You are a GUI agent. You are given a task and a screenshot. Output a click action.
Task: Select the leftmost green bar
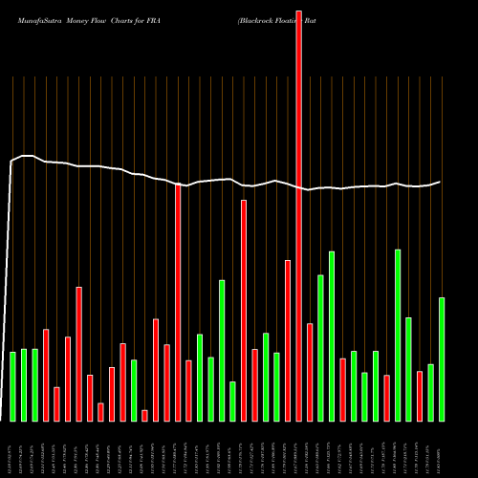[x=12, y=386]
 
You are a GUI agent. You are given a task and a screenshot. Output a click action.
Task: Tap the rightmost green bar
[x=442, y=358]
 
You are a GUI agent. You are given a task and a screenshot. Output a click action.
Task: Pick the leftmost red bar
[x=46, y=375]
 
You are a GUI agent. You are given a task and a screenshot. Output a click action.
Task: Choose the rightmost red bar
[x=420, y=396]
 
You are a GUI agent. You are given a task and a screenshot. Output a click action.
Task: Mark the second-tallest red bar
[x=178, y=302]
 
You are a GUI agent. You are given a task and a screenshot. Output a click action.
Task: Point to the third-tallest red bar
[x=244, y=310]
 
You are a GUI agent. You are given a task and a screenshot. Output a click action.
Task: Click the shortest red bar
[x=144, y=415]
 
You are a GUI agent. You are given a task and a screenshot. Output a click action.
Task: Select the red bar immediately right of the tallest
[x=310, y=372]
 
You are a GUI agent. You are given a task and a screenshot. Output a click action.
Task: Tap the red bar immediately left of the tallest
[x=288, y=340]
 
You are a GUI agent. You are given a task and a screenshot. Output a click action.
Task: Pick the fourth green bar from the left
[x=134, y=390]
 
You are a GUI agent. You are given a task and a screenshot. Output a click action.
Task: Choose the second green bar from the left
[x=24, y=384]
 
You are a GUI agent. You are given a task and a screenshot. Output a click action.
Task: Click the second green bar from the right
[x=431, y=392]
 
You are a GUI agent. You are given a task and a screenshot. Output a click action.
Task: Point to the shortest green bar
[x=232, y=401]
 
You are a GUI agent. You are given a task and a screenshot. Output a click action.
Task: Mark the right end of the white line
[x=441, y=182]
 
